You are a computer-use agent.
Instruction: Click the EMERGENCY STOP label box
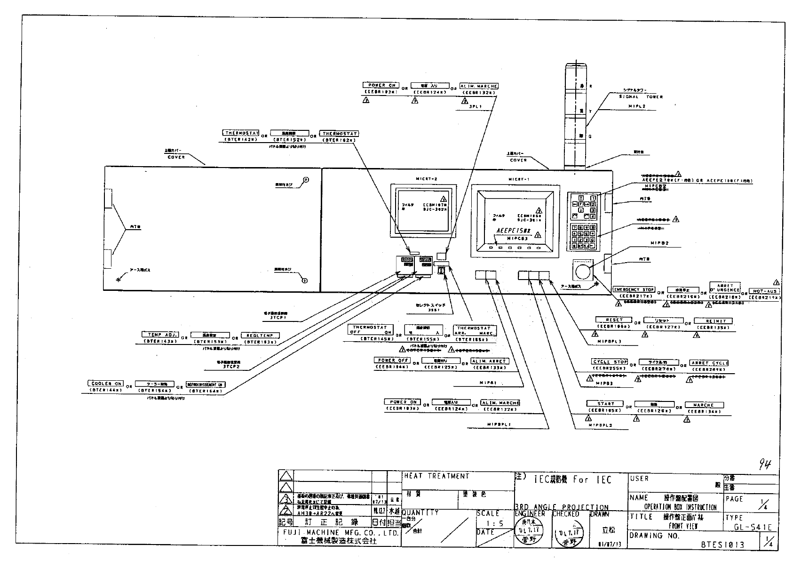[634, 289]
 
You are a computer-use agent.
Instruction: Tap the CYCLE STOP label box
[610, 362]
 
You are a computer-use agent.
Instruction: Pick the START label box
[605, 404]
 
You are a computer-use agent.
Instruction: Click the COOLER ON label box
[106, 384]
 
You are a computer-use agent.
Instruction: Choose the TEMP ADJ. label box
[160, 335]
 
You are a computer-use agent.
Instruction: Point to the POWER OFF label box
[392, 360]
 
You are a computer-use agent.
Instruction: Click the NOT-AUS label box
[764, 291]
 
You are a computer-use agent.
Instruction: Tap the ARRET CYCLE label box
[709, 363]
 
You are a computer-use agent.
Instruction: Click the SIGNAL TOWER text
[641, 96]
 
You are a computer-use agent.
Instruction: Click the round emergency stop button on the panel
[582, 272]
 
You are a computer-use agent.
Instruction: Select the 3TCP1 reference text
[278, 318]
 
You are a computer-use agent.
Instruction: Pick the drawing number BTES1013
[722, 545]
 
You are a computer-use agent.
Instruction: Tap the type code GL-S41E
[752, 527]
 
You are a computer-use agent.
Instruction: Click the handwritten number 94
[765, 465]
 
